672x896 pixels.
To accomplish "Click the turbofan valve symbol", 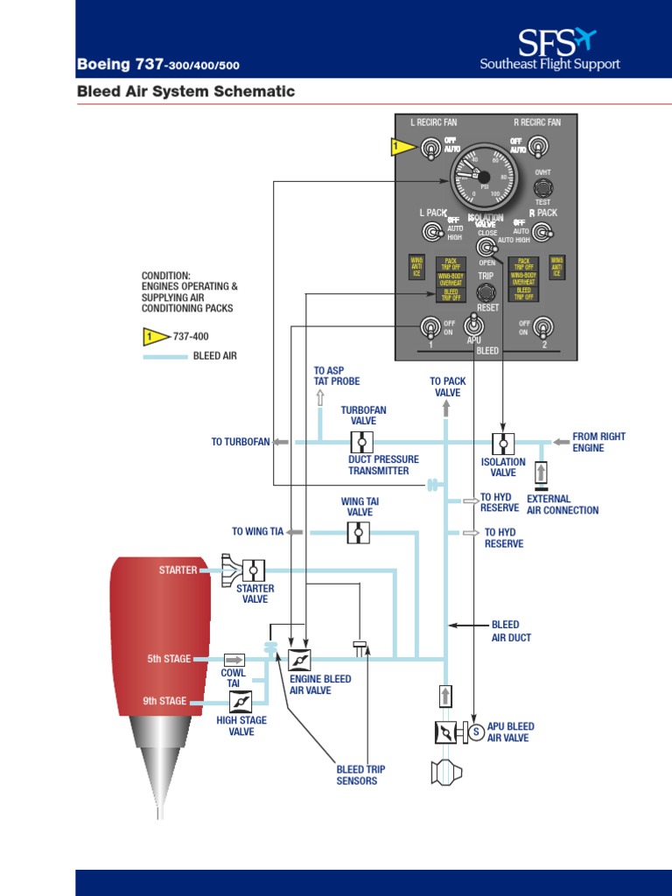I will pos(361,442).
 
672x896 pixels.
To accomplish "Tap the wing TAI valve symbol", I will pos(359,531).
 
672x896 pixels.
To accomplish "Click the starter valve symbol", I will pos(253,570).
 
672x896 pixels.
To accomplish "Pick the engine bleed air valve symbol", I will pos(300,659).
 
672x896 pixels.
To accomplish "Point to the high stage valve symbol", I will pos(241,701).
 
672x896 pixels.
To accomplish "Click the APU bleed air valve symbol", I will pos(446,732).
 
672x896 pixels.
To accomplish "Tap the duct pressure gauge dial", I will pos(484,173).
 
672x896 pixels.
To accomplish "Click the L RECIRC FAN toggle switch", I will pos(430,150).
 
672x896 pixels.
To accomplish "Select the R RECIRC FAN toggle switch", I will pos(542,147).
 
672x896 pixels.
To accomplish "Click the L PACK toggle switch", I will pos(430,232).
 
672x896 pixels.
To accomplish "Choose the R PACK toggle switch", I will pos(543,231).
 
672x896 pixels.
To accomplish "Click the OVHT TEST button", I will pos(543,188).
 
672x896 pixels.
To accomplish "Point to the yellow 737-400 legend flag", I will pos(154,335).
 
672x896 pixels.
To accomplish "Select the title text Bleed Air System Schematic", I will pos(185,91).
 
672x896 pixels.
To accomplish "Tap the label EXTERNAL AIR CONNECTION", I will pos(563,505).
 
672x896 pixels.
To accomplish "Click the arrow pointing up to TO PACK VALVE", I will pos(446,408).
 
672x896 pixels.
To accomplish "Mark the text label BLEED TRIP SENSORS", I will pos(360,775).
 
